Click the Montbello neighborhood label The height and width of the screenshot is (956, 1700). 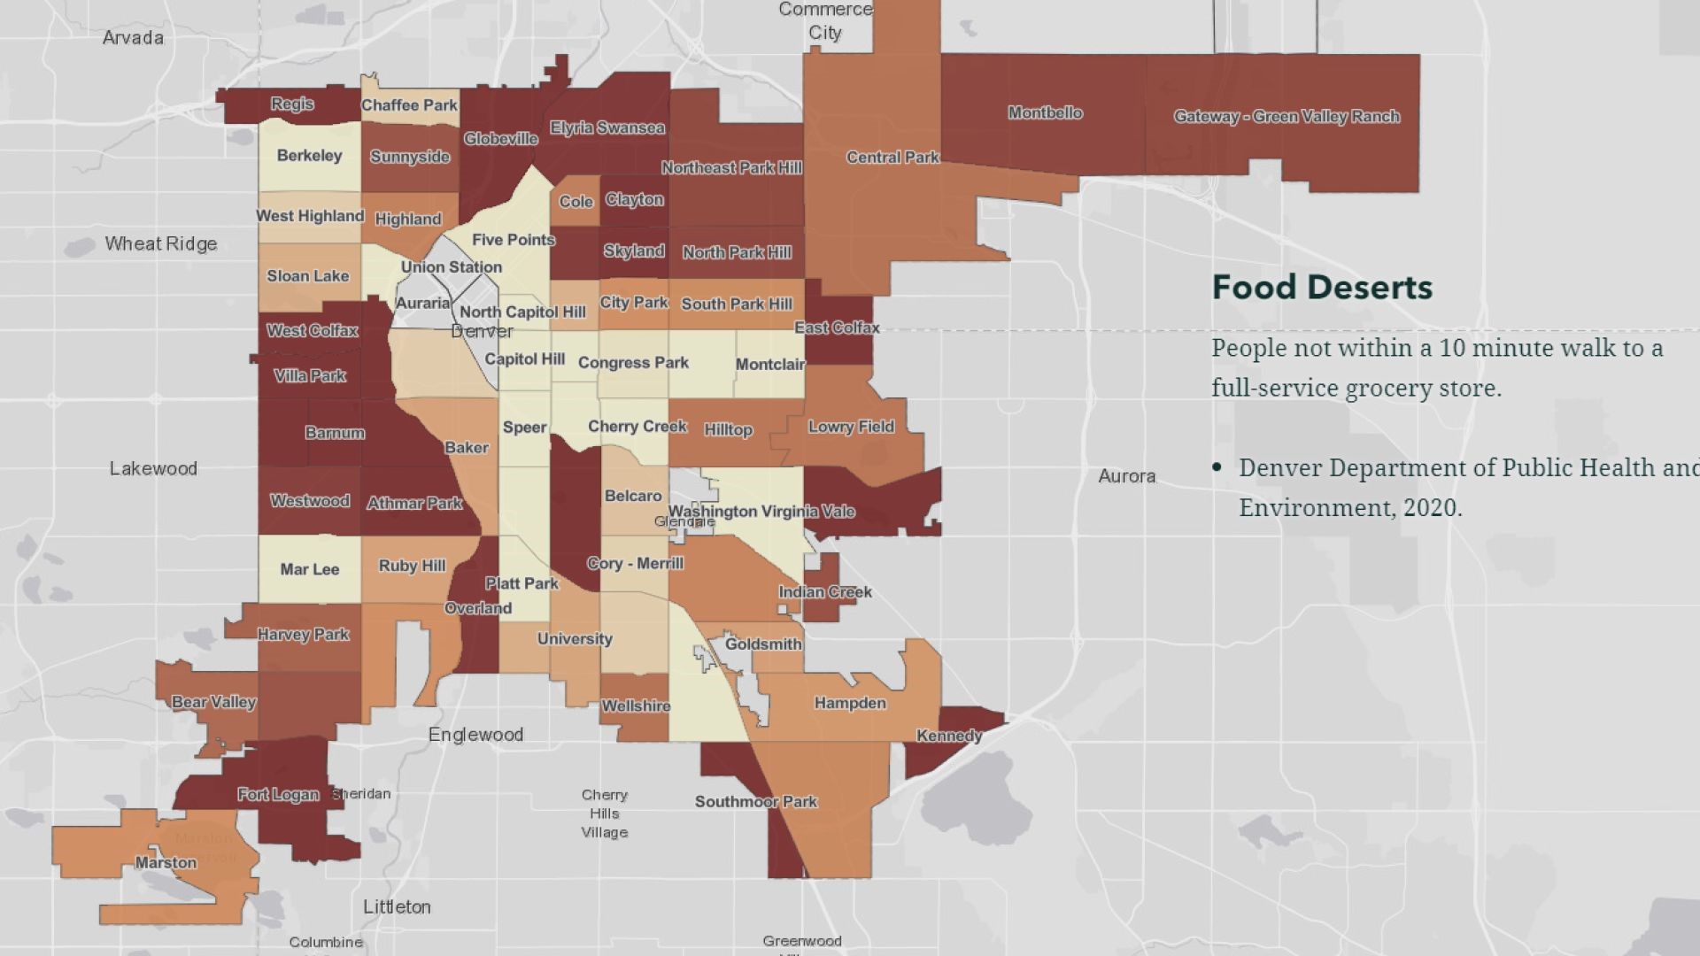click(x=1045, y=112)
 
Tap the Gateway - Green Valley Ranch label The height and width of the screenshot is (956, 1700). click(x=1287, y=116)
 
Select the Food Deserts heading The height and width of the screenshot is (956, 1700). click(x=1321, y=287)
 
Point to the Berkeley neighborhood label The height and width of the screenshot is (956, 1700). click(x=309, y=156)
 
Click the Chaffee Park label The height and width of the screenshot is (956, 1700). click(x=409, y=104)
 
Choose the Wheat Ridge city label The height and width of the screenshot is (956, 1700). click(x=160, y=243)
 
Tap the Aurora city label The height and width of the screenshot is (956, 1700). click(x=1126, y=476)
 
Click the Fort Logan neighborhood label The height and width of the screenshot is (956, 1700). click(x=277, y=794)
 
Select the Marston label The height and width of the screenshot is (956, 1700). click(x=166, y=862)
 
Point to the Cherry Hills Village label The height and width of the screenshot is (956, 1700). click(x=605, y=813)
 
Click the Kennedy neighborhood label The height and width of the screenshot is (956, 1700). click(x=948, y=736)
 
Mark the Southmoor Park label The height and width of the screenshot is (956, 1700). click(x=755, y=801)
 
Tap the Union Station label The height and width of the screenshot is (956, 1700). click(x=451, y=266)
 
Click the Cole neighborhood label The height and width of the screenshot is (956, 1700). click(x=576, y=201)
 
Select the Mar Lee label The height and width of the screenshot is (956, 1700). click(x=309, y=569)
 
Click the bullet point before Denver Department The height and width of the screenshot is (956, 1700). click(x=1218, y=468)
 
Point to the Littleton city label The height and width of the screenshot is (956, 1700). click(x=397, y=906)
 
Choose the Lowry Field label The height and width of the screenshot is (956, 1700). click(x=851, y=427)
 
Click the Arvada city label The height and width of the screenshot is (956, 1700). click(x=133, y=37)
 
